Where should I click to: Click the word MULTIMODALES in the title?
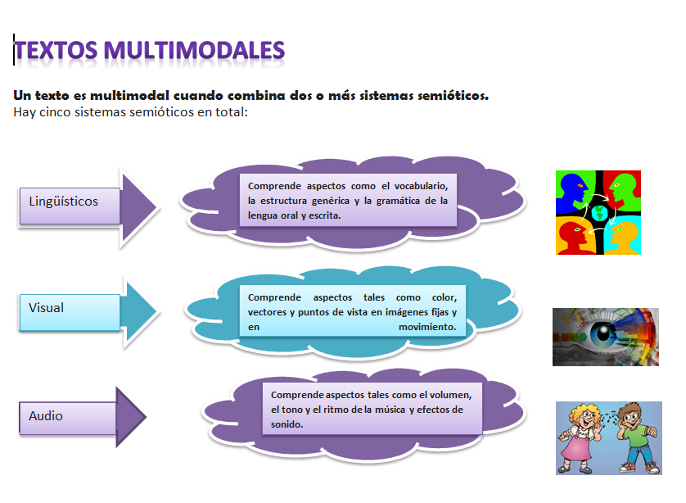tap(196, 51)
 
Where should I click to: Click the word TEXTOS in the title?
tap(56, 51)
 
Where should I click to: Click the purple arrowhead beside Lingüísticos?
tap(140, 207)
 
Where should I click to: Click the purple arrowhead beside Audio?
tap(131, 417)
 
